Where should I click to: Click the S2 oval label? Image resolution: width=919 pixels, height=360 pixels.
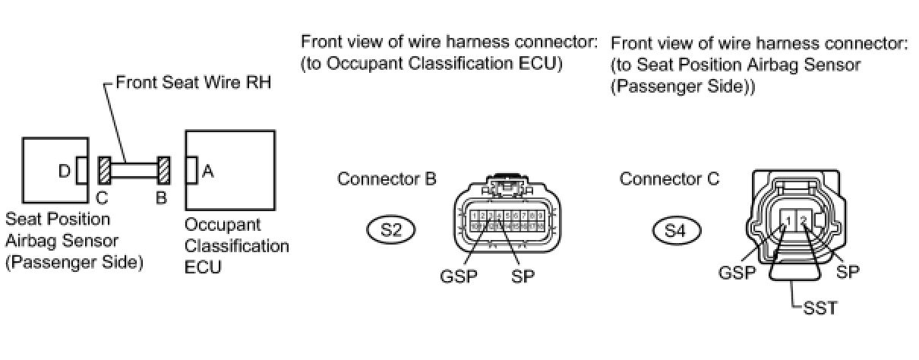(x=391, y=230)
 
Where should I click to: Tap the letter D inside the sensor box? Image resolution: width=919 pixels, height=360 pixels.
(x=64, y=172)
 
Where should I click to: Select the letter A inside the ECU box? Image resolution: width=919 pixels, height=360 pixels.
(x=207, y=172)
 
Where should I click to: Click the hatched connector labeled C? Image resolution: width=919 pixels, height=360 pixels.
(x=105, y=171)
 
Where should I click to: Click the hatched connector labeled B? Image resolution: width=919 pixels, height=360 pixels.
(x=163, y=171)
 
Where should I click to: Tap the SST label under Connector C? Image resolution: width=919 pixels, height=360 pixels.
(x=819, y=309)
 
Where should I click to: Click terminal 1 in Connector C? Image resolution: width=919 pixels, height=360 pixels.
(x=790, y=221)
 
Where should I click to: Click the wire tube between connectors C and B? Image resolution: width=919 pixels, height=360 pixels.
(x=134, y=171)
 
